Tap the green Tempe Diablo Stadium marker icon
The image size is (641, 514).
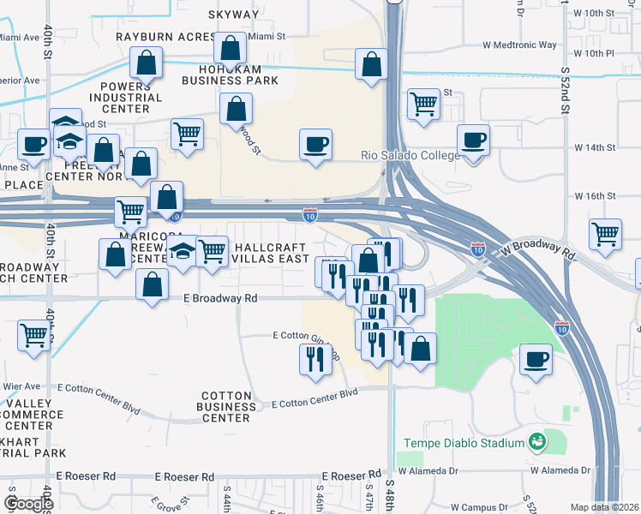[537, 442]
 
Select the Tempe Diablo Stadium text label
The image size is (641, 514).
[464, 443]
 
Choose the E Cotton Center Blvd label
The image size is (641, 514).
[315, 396]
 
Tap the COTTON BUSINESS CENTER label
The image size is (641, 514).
[226, 407]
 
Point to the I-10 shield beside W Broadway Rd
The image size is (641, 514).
[478, 248]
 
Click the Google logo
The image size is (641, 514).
[28, 503]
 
